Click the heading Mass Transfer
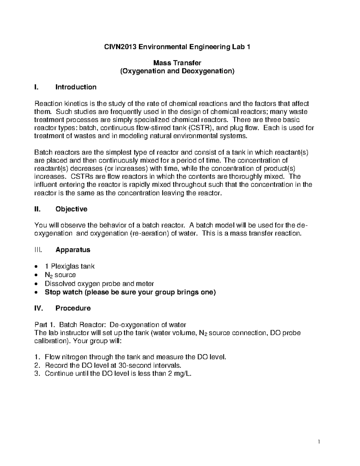[177, 63]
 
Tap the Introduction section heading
[76, 87]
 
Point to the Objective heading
[71, 209]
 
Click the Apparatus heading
[73, 250]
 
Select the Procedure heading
[73, 308]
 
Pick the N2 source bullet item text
[60, 275]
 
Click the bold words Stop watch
[63, 292]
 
